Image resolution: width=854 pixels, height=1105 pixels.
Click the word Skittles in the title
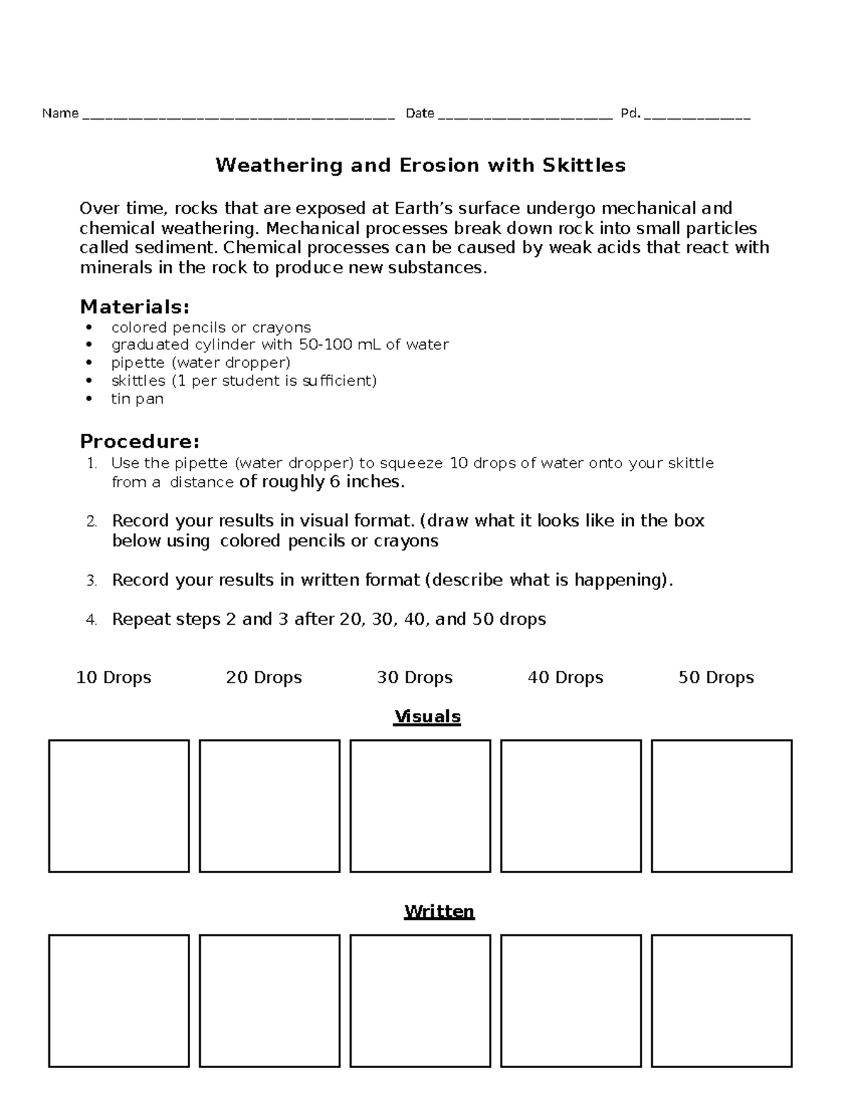[x=584, y=166]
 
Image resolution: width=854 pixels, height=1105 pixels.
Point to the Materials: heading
[x=135, y=307]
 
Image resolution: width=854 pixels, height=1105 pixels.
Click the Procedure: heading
[x=139, y=441]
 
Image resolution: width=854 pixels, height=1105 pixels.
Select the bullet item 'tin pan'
[x=137, y=399]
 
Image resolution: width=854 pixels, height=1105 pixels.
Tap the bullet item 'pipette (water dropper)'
[x=201, y=363]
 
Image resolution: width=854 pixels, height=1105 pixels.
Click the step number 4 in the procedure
[x=91, y=620]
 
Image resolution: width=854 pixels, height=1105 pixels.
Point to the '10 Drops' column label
[x=113, y=677]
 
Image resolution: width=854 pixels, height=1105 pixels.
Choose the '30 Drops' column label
[x=414, y=677]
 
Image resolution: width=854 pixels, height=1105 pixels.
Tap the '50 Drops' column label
[x=716, y=677]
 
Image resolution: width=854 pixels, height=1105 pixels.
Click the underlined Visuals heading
[x=427, y=717]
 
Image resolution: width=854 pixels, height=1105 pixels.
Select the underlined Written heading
[x=439, y=911]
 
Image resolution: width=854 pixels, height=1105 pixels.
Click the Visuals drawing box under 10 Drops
[x=119, y=806]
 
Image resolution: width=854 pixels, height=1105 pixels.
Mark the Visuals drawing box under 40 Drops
[x=571, y=806]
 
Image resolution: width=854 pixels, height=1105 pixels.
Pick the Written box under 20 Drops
[x=270, y=1001]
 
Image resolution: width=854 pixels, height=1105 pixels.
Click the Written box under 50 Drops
[x=722, y=1001]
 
